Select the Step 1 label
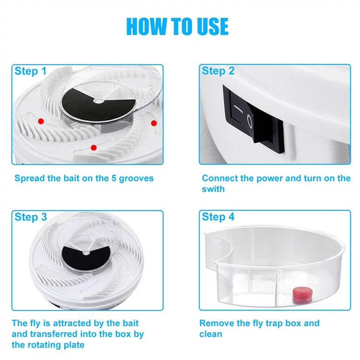click(x=31, y=71)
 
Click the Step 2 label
click(x=218, y=71)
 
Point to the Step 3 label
click(x=31, y=217)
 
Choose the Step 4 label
click(x=218, y=217)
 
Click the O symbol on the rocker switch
click(x=250, y=121)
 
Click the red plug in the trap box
click(x=302, y=294)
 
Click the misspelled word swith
click(x=213, y=189)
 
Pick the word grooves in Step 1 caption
click(x=136, y=179)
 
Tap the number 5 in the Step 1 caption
click(x=114, y=178)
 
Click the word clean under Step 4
click(x=211, y=334)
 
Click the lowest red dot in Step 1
click(x=94, y=148)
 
